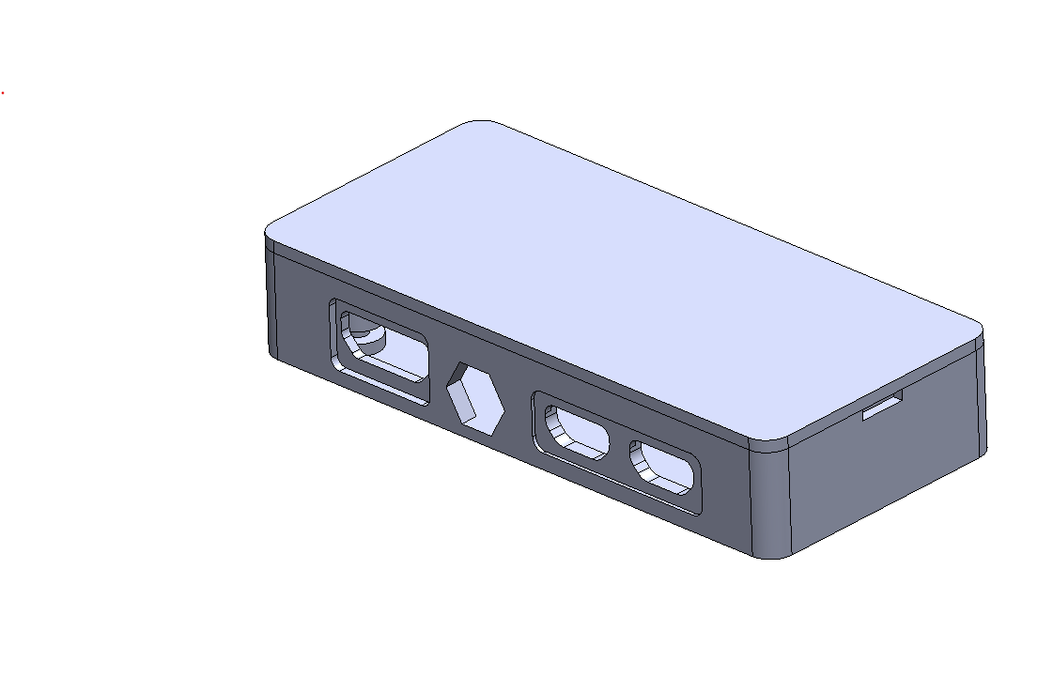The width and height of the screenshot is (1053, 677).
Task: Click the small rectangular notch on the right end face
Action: (882, 408)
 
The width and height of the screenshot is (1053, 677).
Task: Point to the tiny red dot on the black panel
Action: (3, 93)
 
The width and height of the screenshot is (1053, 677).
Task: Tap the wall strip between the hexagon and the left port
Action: (440, 376)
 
